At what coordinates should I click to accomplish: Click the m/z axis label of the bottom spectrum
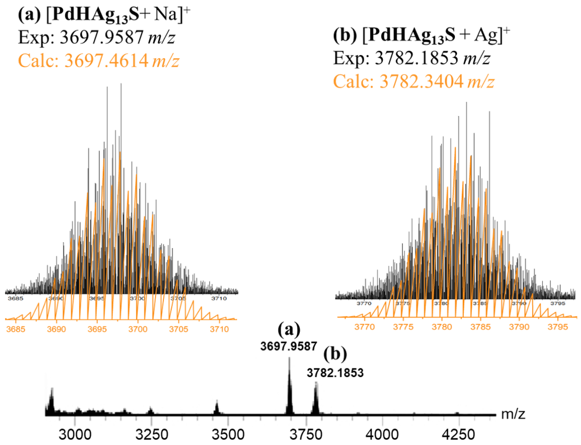513,414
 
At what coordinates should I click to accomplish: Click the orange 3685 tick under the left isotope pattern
16,329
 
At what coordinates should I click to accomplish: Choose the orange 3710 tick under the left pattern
219,329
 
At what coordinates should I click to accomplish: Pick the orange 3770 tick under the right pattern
364,327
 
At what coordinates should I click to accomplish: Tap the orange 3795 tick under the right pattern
558,327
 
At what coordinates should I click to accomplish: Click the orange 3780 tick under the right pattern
442,327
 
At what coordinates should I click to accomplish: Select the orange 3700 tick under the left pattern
138,329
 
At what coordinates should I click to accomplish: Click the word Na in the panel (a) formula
165,14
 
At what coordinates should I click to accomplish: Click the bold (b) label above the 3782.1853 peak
335,354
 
